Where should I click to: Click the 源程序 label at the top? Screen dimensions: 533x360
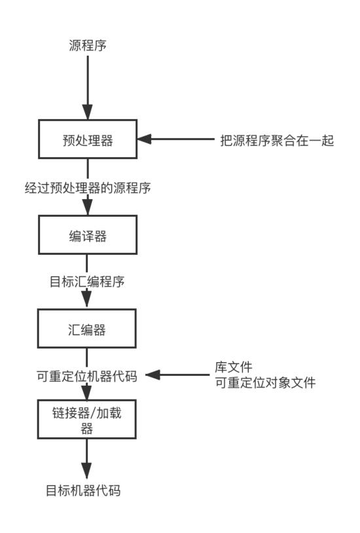click(88, 45)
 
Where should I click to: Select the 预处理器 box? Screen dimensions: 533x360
click(88, 140)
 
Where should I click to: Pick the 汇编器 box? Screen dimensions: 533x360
click(88, 329)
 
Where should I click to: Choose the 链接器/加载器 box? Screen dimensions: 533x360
click(88, 419)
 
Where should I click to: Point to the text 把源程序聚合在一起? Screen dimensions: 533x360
click(278, 140)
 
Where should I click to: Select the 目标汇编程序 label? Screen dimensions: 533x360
click(87, 282)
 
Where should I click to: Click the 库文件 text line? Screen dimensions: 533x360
click(234, 367)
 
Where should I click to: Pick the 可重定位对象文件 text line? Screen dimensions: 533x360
click(265, 383)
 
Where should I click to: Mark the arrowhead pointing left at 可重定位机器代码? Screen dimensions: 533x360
click(153, 375)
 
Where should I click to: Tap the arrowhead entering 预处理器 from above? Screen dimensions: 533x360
click(87, 112)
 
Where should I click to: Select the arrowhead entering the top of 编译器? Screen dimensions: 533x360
click(87, 208)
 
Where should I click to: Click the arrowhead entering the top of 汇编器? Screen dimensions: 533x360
click(87, 302)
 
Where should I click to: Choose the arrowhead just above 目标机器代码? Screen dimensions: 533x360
click(87, 471)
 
